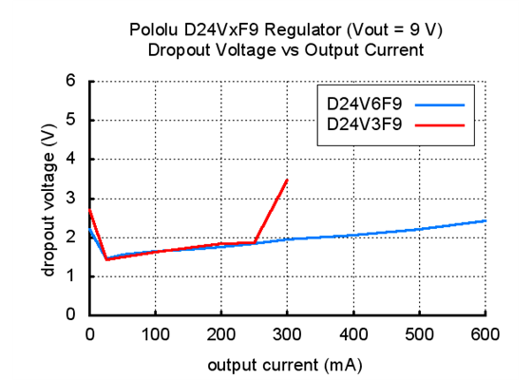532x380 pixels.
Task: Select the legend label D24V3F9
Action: tap(358, 123)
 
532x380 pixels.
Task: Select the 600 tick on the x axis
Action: tap(485, 333)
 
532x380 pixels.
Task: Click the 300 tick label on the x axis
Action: tap(288, 333)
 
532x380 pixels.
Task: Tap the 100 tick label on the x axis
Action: tap(156, 333)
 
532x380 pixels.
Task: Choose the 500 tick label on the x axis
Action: tap(420, 333)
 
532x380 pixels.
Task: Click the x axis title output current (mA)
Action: tap(288, 363)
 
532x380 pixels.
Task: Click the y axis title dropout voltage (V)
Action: tap(47, 198)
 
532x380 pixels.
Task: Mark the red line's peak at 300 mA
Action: tap(287, 180)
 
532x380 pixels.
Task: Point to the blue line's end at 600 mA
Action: tap(484, 220)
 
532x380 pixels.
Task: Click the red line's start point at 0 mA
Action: tap(90, 210)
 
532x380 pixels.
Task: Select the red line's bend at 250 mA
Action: tap(255, 242)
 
